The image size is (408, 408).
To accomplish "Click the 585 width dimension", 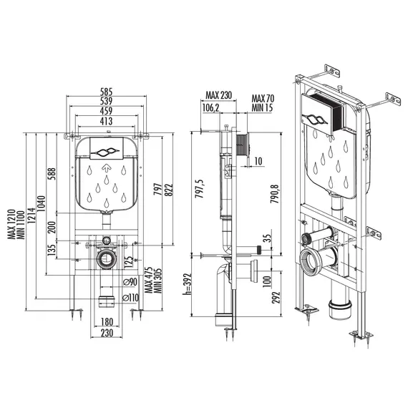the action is (107, 92).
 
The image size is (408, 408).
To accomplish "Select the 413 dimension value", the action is (107, 121).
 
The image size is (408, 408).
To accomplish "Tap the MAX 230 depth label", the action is (218, 95).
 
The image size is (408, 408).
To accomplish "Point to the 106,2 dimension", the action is (210, 107).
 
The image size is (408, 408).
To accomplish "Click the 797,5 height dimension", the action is (200, 189).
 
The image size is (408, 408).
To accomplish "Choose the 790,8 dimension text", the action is (275, 193).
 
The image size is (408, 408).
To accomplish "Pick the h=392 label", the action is (188, 284).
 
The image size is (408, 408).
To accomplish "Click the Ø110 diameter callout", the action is (130, 298).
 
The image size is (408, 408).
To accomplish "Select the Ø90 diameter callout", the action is (130, 282).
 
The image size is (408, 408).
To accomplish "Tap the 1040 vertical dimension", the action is (42, 203).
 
